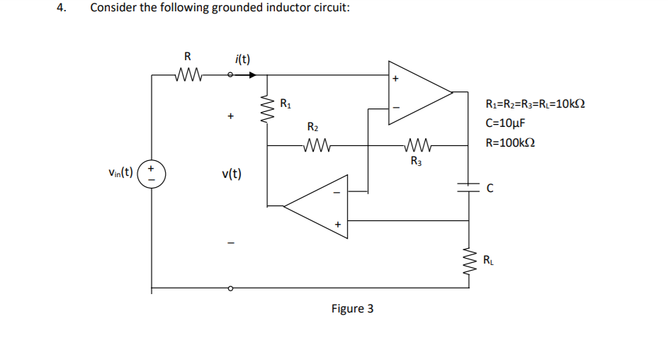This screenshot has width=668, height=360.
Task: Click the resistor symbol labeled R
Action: point(188,74)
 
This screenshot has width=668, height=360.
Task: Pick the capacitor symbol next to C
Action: point(468,186)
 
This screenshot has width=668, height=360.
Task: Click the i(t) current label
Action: point(242,59)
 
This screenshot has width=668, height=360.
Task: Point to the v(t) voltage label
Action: point(231,174)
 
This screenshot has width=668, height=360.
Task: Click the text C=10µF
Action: point(505,123)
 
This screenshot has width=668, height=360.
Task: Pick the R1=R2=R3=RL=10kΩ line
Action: point(535,105)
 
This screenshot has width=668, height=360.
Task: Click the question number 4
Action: point(62,9)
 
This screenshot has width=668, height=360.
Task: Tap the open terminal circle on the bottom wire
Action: point(230,288)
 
